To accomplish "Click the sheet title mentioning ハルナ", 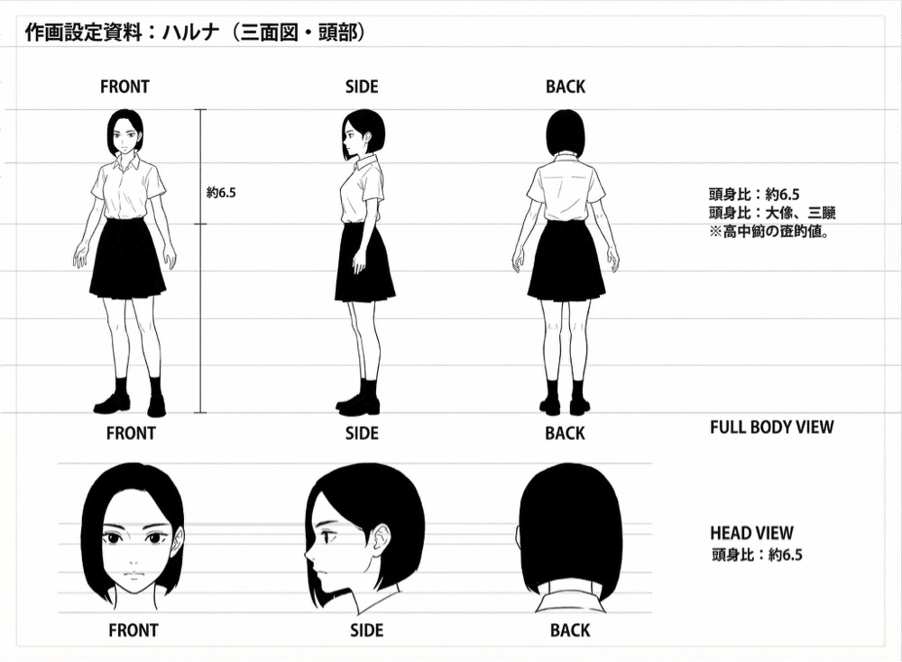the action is coord(194,33).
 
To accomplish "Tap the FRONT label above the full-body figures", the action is coord(124,87).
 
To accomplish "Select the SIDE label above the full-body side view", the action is coord(362,87).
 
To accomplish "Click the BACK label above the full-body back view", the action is coord(566,87).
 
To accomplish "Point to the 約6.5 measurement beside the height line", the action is coord(221,192).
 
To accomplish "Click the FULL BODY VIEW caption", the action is coord(771,427).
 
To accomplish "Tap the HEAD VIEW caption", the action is coord(751,533).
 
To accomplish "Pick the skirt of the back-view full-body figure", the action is coord(566,262).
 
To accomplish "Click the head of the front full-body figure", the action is coord(125,132).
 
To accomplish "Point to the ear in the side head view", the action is coord(381,540).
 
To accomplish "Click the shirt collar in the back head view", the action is coord(570,601).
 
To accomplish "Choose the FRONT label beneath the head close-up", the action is coord(133,630).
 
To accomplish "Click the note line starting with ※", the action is coord(769,232).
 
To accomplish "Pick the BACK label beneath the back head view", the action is coord(570,630).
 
